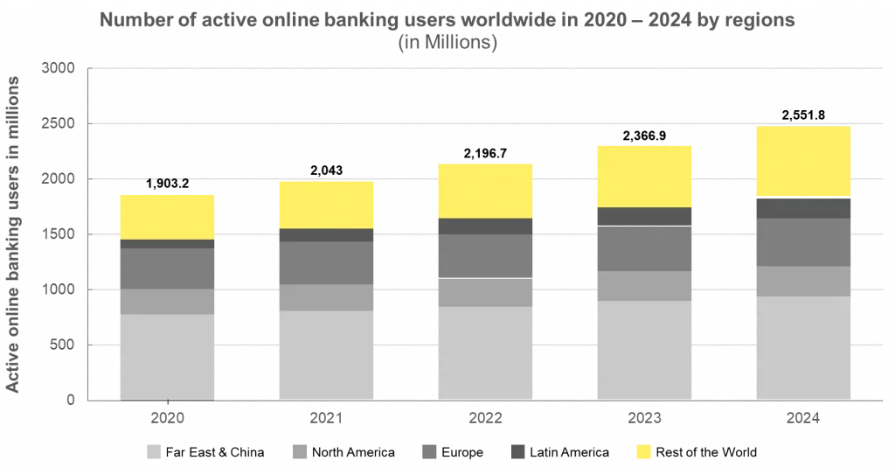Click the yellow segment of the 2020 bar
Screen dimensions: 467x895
pyautogui.click(x=167, y=216)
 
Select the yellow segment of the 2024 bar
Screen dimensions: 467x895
pyautogui.click(x=803, y=162)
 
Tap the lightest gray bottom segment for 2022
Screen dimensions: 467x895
pyautogui.click(x=485, y=352)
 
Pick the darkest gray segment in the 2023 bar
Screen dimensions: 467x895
pyautogui.click(x=644, y=217)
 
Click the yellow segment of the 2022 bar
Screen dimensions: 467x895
pyautogui.click(x=485, y=190)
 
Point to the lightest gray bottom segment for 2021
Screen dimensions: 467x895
pyautogui.click(x=326, y=355)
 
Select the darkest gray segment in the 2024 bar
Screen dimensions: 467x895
pyautogui.click(x=803, y=207)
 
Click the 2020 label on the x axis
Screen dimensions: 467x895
pyautogui.click(x=167, y=419)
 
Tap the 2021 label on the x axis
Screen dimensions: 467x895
pyautogui.click(x=326, y=419)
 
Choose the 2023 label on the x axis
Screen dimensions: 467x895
pyautogui.click(x=644, y=419)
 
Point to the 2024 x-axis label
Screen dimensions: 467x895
pyautogui.click(x=803, y=419)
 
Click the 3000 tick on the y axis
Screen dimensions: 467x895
pyautogui.click(x=60, y=68)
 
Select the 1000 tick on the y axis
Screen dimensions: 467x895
pyautogui.click(x=60, y=289)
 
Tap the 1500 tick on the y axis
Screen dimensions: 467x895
pyautogui.click(x=60, y=234)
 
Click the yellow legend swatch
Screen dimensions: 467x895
pyautogui.click(x=644, y=451)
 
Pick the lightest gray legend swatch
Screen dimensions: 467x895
pyautogui.click(x=154, y=451)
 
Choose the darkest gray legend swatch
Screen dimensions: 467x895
pyautogui.click(x=518, y=451)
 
